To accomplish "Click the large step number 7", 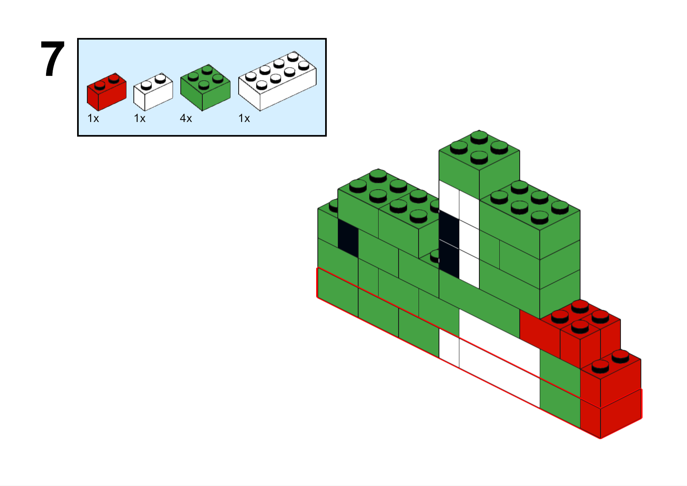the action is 53,59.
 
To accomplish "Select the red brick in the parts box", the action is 106,92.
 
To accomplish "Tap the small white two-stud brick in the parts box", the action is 153,92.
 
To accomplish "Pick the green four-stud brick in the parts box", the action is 205,88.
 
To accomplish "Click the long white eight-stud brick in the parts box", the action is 277,81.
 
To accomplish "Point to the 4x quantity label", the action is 186,118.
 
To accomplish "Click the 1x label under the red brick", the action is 93,118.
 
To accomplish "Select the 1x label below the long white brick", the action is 244,118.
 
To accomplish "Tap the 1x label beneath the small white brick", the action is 140,118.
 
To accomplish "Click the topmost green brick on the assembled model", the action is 479,166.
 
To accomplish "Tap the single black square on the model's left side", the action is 348,238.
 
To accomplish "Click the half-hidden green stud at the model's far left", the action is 333,205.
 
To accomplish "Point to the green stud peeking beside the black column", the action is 434,256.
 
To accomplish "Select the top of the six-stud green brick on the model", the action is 530,205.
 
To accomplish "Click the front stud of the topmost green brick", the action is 479,158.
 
